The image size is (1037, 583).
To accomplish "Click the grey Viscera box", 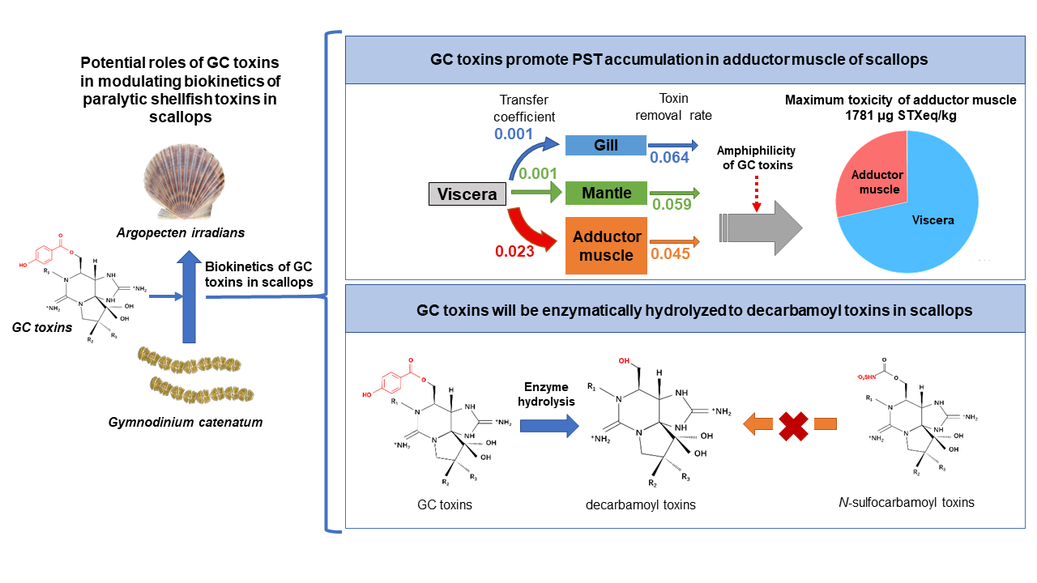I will [x=467, y=194].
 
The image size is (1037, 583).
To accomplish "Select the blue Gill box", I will [x=605, y=146].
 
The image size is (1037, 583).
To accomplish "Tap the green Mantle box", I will [x=605, y=194].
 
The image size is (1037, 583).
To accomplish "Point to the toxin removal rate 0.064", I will [x=668, y=158].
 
